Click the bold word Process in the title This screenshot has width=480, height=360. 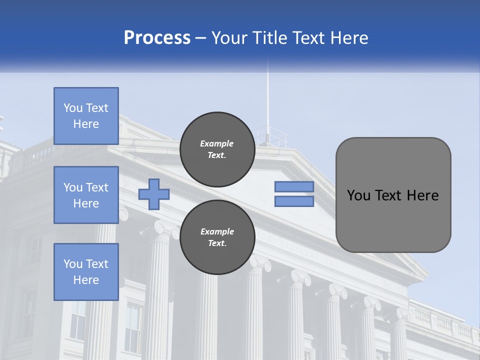pos(157,38)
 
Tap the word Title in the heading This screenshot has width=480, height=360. pos(268,38)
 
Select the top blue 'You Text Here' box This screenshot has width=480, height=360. pos(86,116)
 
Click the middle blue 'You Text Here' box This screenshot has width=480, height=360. pos(86,195)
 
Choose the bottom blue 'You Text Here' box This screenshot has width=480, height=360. pos(86,272)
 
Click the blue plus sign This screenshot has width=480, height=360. pos(153,194)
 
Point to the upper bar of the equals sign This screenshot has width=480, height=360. pos(294,187)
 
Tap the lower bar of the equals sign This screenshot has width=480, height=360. pos(294,201)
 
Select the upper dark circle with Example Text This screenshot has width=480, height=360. pos(217,149)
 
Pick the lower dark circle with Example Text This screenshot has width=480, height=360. pos(217,237)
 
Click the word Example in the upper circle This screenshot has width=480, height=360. pos(217,143)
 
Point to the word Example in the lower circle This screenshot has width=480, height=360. pos(217,231)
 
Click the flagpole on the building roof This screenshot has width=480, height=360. pos(267,100)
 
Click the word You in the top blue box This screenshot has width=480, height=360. pos(73,108)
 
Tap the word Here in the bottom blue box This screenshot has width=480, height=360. pos(86,280)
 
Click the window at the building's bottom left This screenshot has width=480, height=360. pos(77,325)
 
